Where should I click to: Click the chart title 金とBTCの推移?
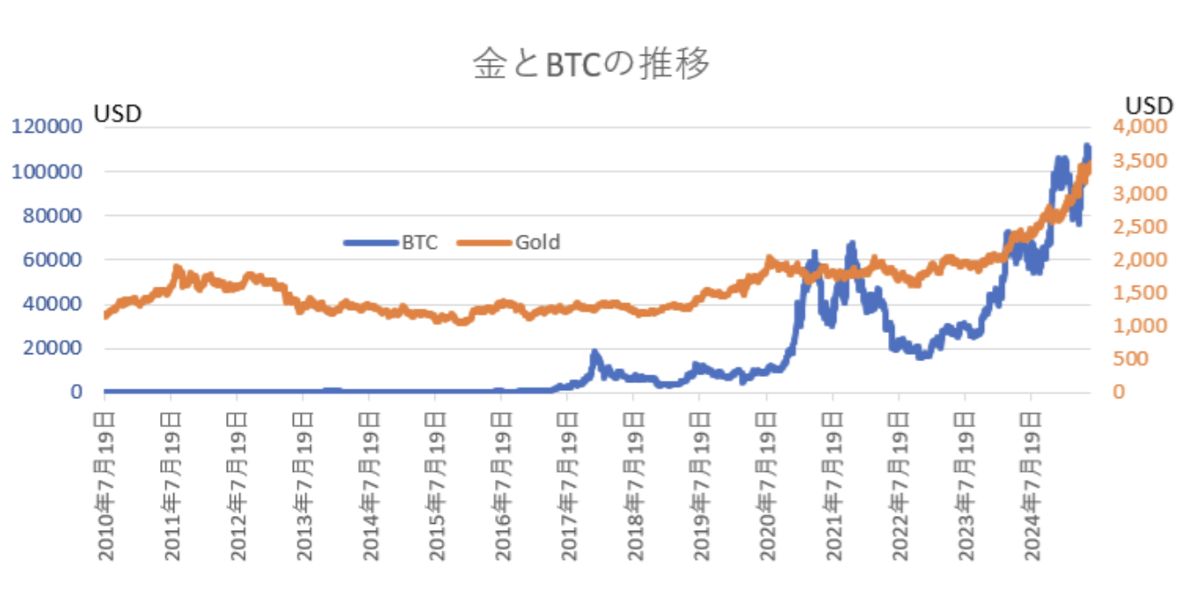590,64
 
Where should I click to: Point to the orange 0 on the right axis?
1119,392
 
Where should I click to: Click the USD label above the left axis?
118,113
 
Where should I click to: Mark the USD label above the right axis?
1149,105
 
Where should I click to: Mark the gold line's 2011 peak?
177,268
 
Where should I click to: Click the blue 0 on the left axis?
77,392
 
